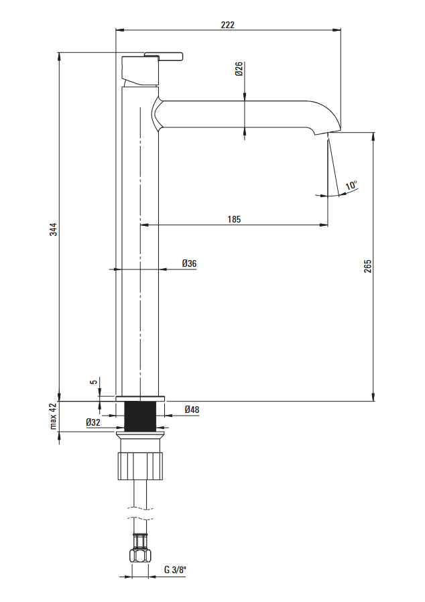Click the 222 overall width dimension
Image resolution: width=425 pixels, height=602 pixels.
227,25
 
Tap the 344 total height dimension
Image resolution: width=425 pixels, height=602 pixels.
54,229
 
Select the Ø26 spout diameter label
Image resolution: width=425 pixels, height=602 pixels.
239,69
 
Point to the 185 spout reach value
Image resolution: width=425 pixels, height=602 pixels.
234,219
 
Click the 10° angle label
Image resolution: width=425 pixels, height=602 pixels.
351,185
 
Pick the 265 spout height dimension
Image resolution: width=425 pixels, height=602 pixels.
368,266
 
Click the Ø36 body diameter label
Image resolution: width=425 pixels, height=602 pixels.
189,263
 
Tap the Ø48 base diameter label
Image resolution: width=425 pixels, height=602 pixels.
192,410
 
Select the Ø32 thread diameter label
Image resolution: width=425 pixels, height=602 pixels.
93,422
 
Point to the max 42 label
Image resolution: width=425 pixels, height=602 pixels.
53,416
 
